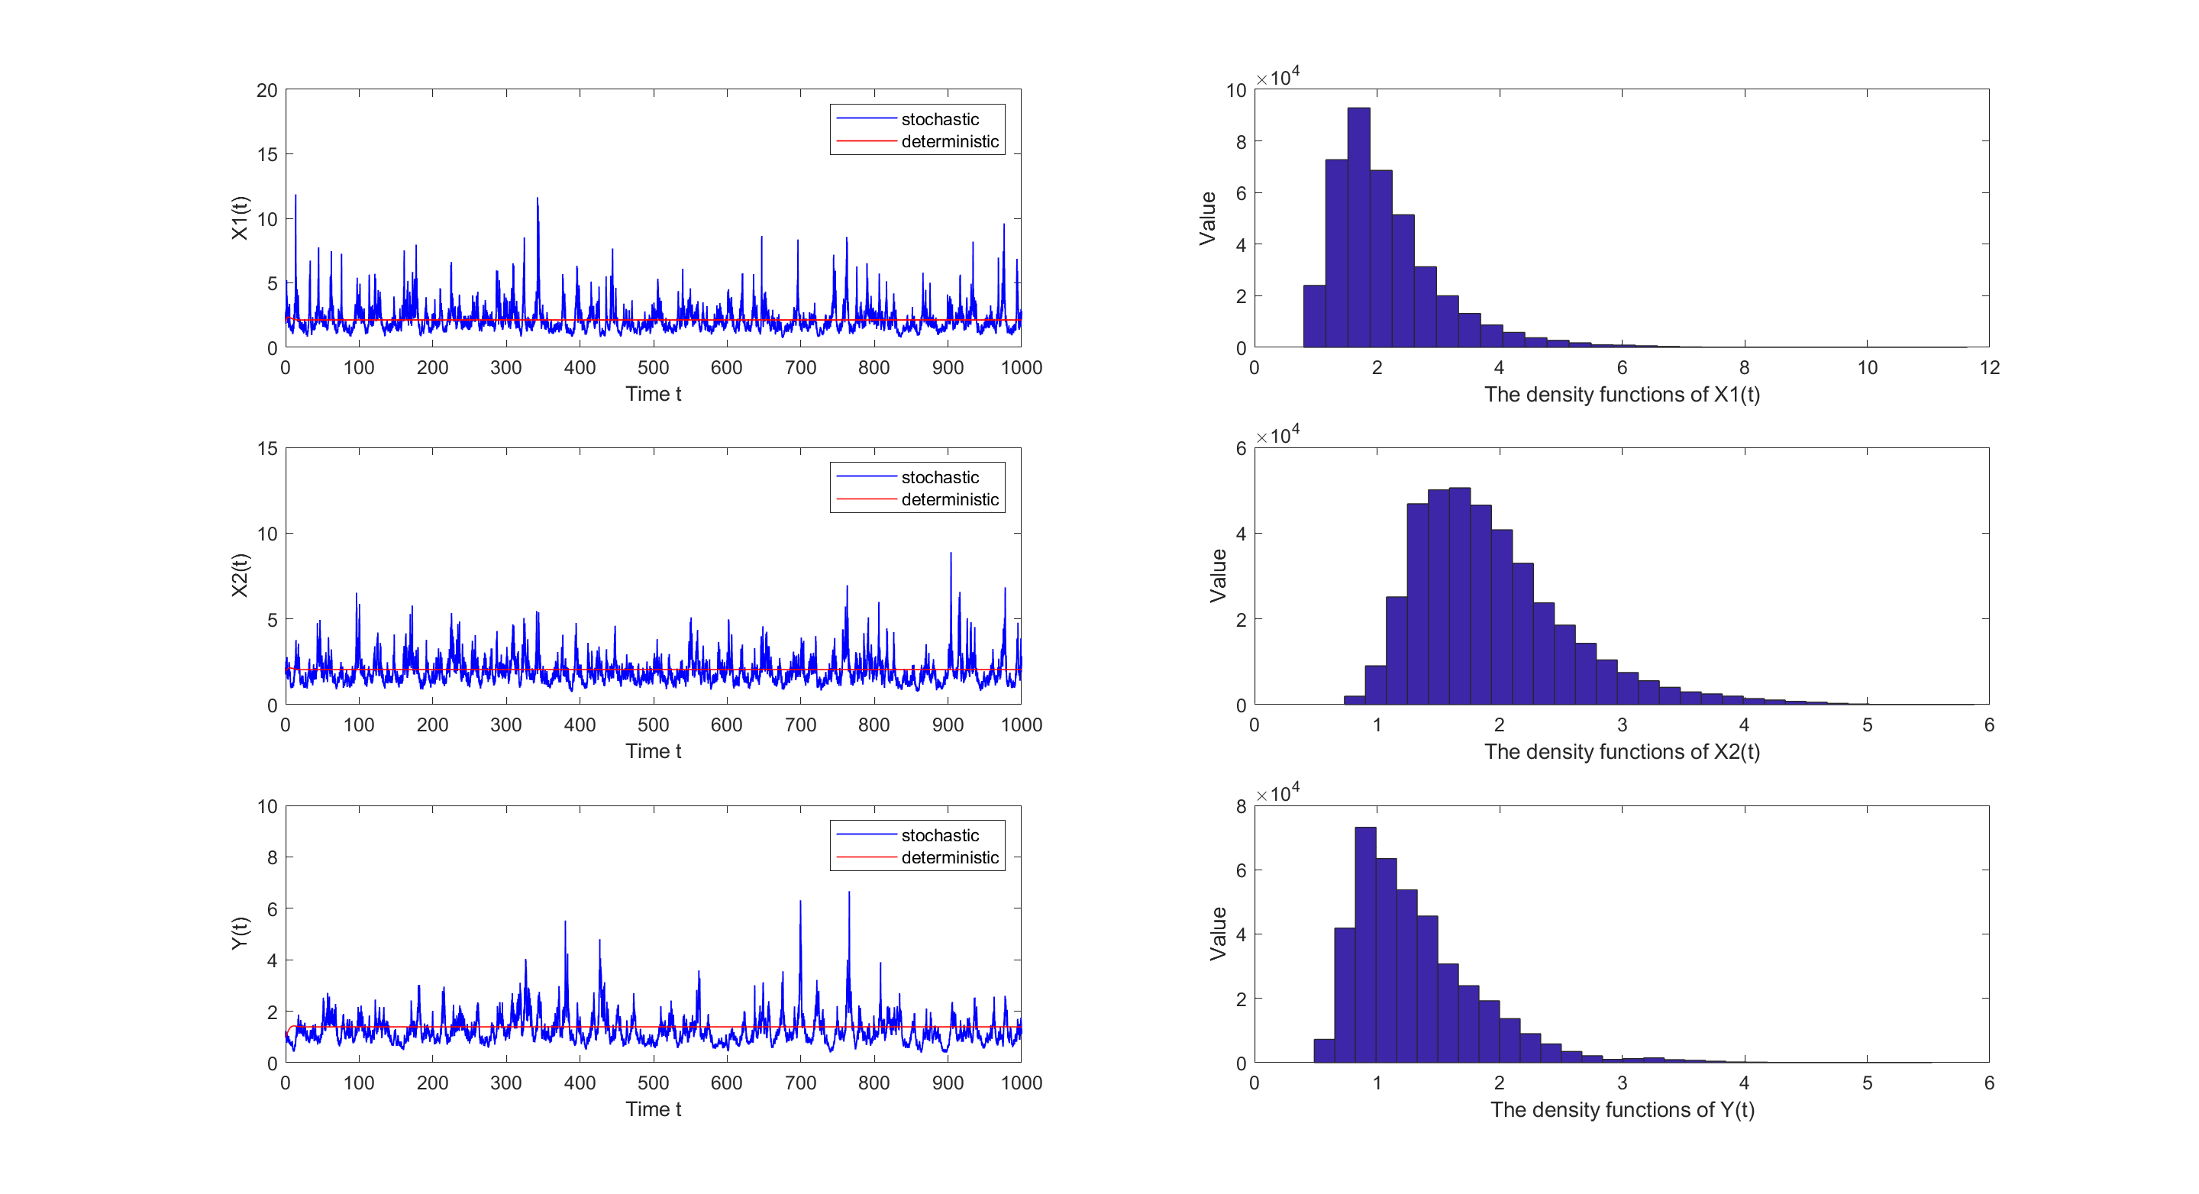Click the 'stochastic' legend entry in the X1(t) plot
click(x=939, y=120)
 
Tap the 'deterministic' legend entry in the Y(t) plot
click(x=949, y=858)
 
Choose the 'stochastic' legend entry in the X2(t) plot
click(x=939, y=477)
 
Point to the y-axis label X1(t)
click(x=240, y=218)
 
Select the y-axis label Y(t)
click(x=240, y=933)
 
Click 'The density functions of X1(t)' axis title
click(x=1621, y=394)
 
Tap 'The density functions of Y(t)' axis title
click(x=1621, y=1109)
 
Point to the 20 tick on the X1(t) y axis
click(x=266, y=91)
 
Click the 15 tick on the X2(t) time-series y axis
click(x=266, y=449)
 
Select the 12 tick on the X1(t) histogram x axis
click(x=1989, y=368)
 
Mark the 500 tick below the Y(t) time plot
click(x=653, y=1083)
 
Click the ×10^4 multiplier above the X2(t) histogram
click(x=1278, y=435)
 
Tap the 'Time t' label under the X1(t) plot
click(x=653, y=394)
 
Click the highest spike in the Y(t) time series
click(x=848, y=892)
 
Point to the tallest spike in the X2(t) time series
click(x=951, y=554)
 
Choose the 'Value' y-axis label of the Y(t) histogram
click(x=1218, y=933)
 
